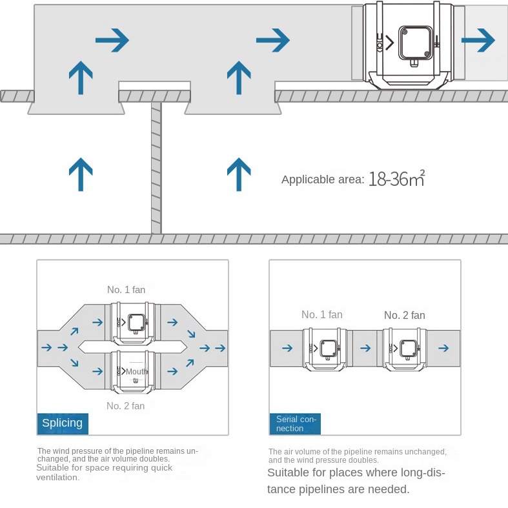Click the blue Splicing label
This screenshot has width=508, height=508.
(62, 423)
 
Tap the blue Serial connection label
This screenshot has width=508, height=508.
(294, 423)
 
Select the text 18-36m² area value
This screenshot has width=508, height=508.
(396, 179)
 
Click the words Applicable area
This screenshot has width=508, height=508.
(323, 179)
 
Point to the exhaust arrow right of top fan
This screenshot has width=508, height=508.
(478, 40)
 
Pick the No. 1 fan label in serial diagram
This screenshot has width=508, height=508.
(321, 315)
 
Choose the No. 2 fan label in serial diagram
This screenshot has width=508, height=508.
(404, 315)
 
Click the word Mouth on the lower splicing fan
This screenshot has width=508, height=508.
(137, 372)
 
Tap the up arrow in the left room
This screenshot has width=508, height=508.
(80, 174)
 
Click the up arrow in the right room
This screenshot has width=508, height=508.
(239, 174)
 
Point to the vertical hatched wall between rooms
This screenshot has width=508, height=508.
(156, 168)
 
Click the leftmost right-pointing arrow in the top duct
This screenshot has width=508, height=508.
(112, 41)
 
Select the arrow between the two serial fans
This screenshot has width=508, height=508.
(365, 348)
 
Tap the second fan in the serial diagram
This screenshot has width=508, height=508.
(405, 349)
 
